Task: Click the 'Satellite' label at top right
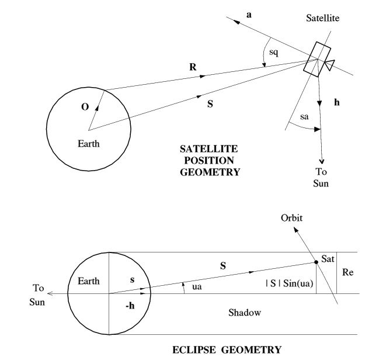[322, 19]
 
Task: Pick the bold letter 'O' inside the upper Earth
[85, 108]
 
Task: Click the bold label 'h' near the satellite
[336, 102]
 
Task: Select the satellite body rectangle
[315, 58]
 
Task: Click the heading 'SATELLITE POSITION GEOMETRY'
[213, 160]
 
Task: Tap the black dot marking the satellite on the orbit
[316, 262]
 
